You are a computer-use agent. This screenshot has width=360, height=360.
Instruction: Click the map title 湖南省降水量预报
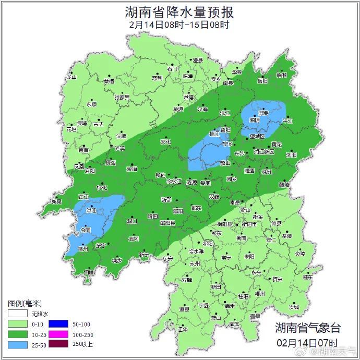[179, 11]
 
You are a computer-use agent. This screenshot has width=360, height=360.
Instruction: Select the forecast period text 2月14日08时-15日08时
[179, 24]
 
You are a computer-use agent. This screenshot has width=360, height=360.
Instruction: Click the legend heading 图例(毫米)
[25, 303]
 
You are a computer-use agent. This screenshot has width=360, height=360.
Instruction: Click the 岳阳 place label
[262, 81]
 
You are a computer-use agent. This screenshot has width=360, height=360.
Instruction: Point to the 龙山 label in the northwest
[71, 77]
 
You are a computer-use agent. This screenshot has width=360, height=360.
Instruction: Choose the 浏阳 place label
[291, 155]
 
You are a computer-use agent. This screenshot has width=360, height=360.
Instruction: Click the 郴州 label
[259, 294]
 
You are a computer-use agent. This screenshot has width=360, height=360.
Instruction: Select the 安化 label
[165, 141]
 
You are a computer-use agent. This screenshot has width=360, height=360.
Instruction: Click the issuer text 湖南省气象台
[308, 328]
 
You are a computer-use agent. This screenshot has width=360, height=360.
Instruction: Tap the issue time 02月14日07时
[308, 343]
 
